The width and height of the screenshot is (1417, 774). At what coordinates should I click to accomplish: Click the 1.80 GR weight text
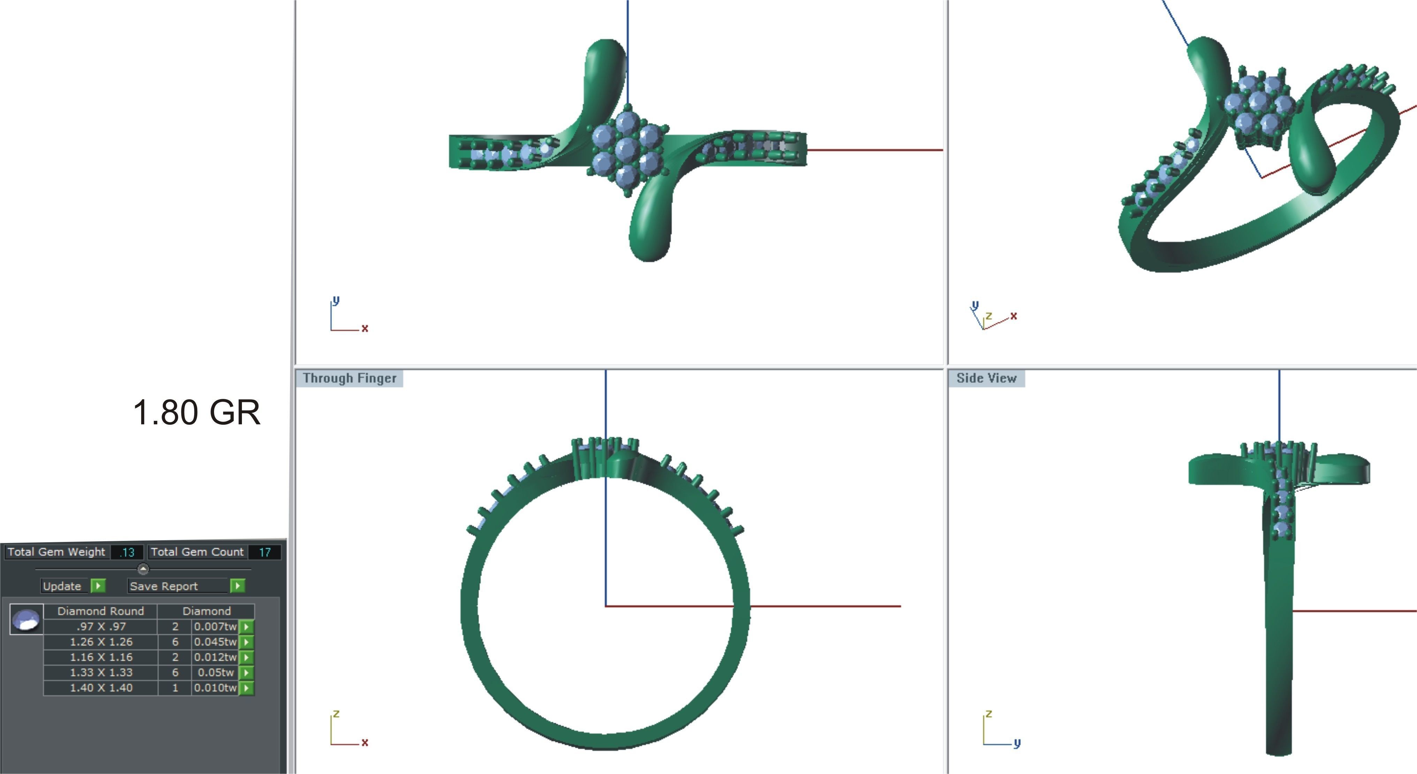[196, 412]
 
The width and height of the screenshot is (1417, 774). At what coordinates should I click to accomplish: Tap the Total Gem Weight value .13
[127, 552]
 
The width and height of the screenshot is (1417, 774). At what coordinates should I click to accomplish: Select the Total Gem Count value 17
[265, 552]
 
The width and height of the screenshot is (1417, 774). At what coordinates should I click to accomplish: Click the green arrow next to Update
[98, 586]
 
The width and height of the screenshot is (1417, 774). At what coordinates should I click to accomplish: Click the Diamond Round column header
[101, 611]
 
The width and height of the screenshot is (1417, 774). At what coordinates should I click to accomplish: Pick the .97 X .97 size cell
[101, 626]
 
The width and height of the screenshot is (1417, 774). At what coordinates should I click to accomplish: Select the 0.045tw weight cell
[215, 642]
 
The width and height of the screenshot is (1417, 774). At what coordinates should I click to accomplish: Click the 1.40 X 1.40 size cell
[101, 687]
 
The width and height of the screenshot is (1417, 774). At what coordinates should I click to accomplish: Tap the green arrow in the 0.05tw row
[246, 672]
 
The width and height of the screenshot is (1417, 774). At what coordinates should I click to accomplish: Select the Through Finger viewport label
[349, 378]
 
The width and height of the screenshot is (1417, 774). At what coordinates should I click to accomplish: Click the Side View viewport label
[986, 378]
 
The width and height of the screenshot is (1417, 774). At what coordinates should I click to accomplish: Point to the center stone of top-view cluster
[626, 148]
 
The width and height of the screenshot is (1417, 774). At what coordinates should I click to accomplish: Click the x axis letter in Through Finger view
[365, 742]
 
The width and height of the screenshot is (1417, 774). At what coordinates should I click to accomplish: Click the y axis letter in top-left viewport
[336, 300]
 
